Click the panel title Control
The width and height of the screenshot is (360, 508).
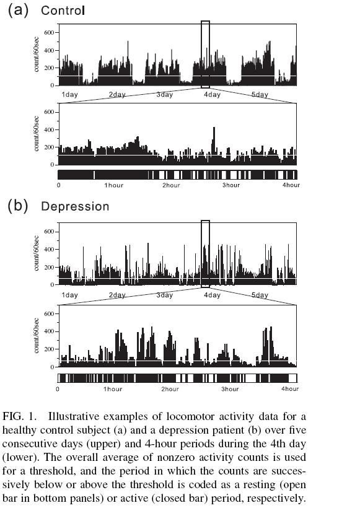(63, 11)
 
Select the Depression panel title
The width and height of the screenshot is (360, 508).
(75, 206)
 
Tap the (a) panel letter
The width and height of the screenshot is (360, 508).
(18, 11)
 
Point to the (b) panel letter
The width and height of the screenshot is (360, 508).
(18, 206)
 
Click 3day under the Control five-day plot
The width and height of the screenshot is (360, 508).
(165, 95)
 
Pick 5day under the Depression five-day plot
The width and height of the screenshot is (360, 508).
(260, 295)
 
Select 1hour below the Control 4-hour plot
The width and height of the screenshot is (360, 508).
(114, 185)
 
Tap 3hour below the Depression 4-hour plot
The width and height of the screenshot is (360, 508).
(230, 389)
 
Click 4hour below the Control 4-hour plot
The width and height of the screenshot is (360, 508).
(291, 185)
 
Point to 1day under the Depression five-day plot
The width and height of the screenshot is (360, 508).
(69, 295)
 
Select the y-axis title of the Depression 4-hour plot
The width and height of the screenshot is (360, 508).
(36, 336)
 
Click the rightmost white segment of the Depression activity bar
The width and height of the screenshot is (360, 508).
(292, 378)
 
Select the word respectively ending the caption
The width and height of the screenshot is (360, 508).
(276, 498)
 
